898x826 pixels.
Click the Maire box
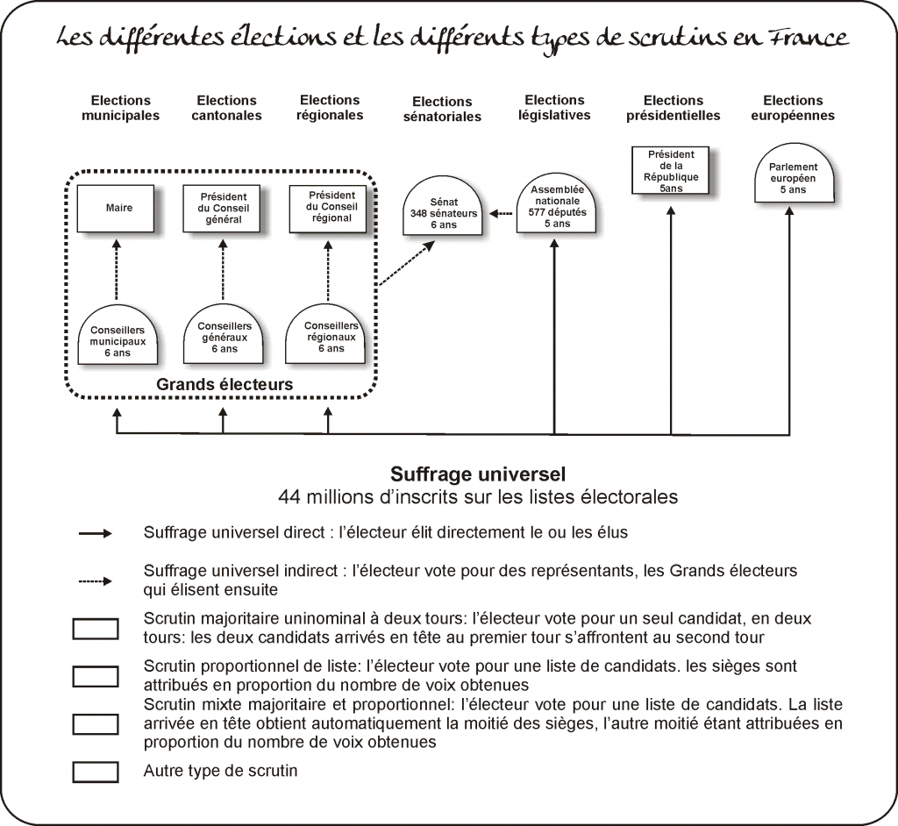(x=116, y=209)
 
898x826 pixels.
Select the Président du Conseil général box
(x=222, y=209)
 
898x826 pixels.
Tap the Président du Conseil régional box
(x=328, y=209)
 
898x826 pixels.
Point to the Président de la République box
(x=671, y=170)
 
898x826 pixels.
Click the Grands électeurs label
(x=224, y=384)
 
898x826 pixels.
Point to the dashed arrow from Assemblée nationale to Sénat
(x=502, y=214)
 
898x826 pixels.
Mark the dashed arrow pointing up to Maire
(x=117, y=270)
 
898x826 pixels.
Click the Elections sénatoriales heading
(x=442, y=109)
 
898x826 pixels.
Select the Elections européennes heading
(x=793, y=108)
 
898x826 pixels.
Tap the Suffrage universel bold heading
(x=478, y=474)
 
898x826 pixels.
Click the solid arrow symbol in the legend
(x=96, y=534)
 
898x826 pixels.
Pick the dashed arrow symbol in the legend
(x=96, y=581)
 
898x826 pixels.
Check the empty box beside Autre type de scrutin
(x=96, y=773)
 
